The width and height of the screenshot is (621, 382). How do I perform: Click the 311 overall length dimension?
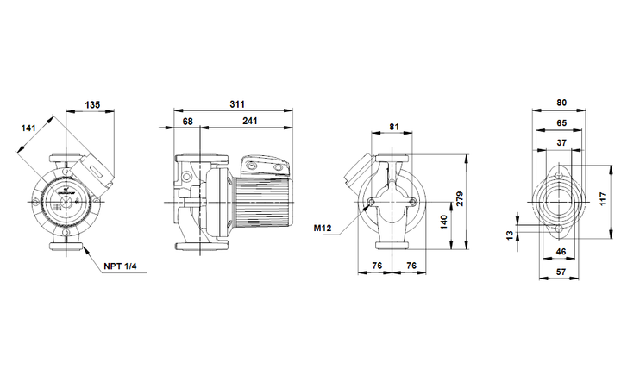237,104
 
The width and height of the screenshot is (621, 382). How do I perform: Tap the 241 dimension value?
250,121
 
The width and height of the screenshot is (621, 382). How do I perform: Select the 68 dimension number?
188,121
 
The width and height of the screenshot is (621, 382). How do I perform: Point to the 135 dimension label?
92,105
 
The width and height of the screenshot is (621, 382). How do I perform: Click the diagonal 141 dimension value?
28,128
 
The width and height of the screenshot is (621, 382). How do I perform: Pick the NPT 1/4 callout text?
120,266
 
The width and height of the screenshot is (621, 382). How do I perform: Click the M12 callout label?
323,228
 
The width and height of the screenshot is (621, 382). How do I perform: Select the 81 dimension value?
394,127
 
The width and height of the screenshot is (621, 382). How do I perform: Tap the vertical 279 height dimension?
460,198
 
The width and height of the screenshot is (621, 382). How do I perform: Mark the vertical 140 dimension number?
443,222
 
